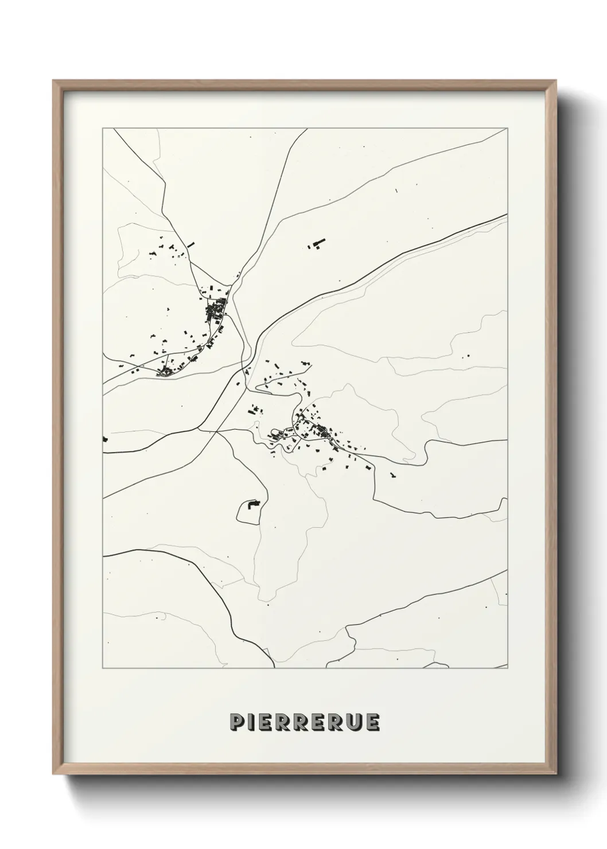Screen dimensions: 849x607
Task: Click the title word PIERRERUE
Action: pos(304,722)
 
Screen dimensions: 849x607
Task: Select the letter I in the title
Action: pos(251,722)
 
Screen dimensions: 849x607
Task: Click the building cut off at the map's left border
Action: pos(105,439)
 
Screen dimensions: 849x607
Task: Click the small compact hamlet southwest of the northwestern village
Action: pos(166,372)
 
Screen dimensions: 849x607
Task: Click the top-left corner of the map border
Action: pos(103,128)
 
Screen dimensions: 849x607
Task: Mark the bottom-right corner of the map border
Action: pos(508,668)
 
